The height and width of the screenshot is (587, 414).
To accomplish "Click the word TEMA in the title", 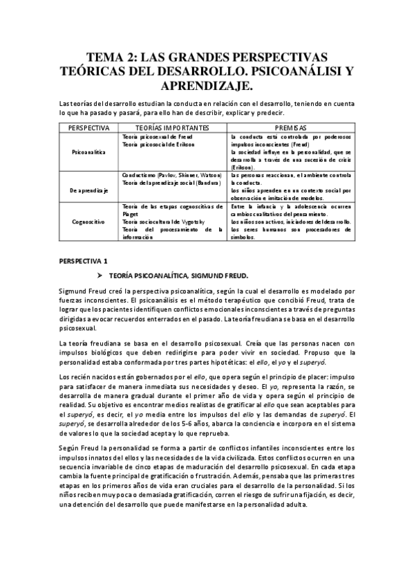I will pos(105,57).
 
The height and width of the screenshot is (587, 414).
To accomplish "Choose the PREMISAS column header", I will pos(291,128).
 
